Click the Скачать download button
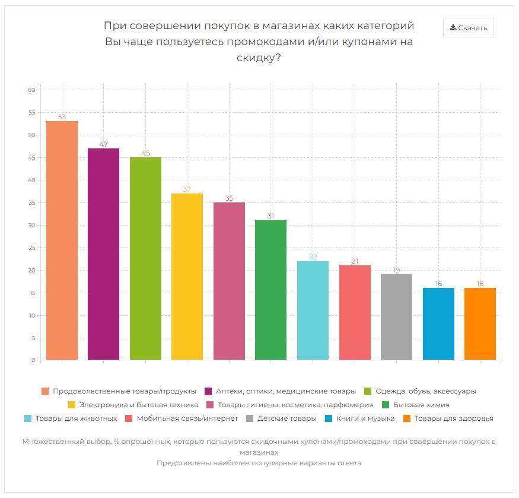468,27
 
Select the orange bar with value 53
62,240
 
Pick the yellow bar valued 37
187,277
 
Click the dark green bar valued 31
270,290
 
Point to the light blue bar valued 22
313,310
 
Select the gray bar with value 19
396,317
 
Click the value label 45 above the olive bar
145,153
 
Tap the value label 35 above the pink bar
229,198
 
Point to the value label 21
355,261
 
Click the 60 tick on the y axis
32,90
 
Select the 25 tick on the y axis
32,248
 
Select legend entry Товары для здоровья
454,418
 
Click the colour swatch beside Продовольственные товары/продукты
45,391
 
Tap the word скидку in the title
258,58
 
